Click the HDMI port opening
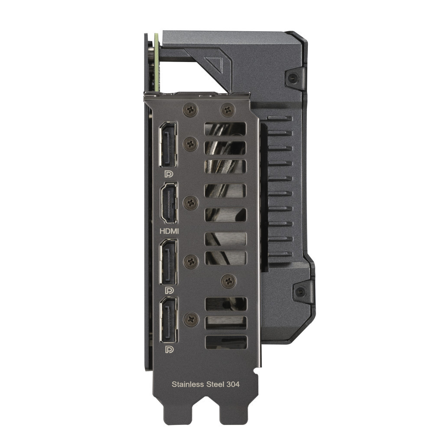[x=168, y=203]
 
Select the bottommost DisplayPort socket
[x=168, y=320]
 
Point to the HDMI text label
[x=168, y=232]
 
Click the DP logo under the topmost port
[x=168, y=174]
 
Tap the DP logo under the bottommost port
[x=168, y=349]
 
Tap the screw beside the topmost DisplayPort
[x=191, y=144]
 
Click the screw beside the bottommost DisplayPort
[x=191, y=320]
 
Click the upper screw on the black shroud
[x=293, y=78]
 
